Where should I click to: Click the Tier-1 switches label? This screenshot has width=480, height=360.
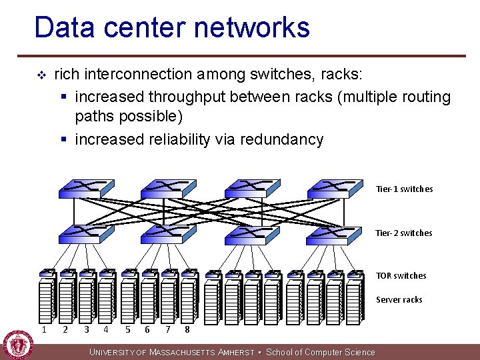tap(404, 189)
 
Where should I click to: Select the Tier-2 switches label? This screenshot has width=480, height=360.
tap(404, 233)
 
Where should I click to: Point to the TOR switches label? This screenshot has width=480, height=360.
tap(401, 275)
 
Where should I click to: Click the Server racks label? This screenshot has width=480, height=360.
tap(399, 299)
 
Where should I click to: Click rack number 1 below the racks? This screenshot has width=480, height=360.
tap(44, 329)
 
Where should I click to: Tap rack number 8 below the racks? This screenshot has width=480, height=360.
tap(187, 329)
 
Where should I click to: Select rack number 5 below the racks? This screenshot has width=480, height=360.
tap(127, 329)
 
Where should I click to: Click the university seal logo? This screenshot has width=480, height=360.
tap(18, 345)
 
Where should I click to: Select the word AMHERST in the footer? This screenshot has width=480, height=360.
tap(237, 353)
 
